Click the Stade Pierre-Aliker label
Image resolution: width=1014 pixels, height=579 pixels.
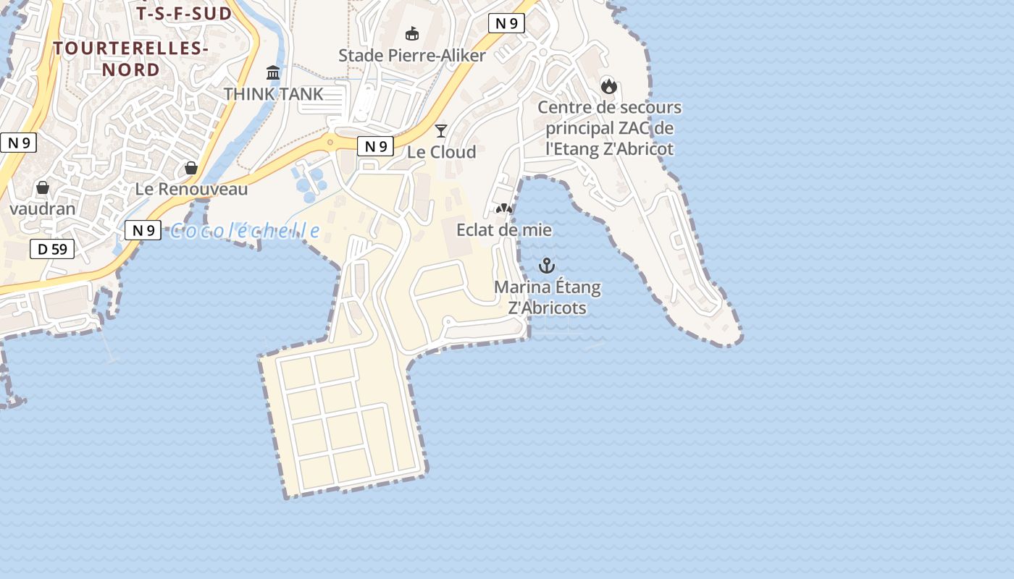click(412, 55)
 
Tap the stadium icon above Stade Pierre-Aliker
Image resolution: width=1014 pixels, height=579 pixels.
click(412, 33)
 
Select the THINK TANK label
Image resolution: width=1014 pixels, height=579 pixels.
click(273, 94)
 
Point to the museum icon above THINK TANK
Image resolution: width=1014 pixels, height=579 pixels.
click(273, 72)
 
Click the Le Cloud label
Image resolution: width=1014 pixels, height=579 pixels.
click(441, 152)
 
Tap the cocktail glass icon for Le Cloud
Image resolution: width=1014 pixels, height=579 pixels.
click(441, 130)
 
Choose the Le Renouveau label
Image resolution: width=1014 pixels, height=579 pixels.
click(192, 190)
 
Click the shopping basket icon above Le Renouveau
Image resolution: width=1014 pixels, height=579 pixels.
click(191, 168)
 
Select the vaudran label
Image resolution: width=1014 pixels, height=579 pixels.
click(43, 208)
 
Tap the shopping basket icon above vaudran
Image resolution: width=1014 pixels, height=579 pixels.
click(43, 187)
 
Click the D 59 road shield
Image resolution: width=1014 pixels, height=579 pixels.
click(52, 250)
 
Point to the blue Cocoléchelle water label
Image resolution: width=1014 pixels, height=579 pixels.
click(245, 231)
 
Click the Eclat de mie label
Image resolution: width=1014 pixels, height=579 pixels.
click(504, 230)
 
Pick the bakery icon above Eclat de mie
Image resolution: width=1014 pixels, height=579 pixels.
click(504, 208)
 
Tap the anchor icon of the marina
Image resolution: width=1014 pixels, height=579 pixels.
click(547, 266)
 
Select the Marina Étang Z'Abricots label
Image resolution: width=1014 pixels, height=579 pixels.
click(548, 297)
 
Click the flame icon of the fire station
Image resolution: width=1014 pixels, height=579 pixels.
click(609, 86)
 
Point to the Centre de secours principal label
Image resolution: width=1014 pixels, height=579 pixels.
click(609, 128)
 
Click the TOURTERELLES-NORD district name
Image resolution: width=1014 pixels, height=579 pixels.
click(131, 59)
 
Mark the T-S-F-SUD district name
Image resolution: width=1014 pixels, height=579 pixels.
click(184, 14)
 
